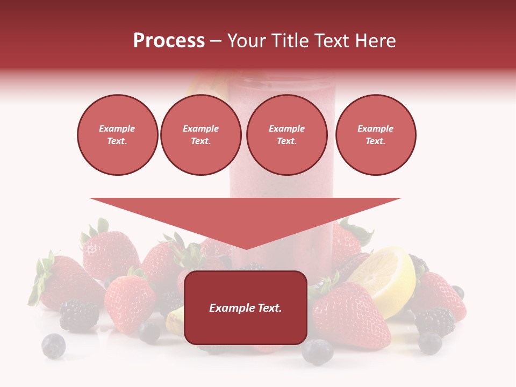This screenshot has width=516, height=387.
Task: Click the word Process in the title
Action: coord(169,41)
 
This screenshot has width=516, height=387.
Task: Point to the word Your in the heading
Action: coord(248,41)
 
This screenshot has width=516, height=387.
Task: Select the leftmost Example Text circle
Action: coord(117,135)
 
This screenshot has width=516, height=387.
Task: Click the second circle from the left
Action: coord(200,135)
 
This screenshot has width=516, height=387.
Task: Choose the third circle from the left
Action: coord(286,135)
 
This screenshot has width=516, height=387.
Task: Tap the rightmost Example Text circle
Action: coord(375,135)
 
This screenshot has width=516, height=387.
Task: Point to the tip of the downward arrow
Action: coord(246,248)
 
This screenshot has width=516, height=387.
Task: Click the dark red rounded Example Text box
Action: coord(245,307)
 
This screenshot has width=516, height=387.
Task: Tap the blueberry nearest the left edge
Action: coord(53,346)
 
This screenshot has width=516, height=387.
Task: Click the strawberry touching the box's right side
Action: coord(349,314)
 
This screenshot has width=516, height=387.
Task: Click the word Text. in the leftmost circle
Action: coord(117,141)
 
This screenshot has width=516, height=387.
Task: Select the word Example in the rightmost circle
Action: coord(375,128)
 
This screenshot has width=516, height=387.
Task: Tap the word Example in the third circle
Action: coord(286,128)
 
